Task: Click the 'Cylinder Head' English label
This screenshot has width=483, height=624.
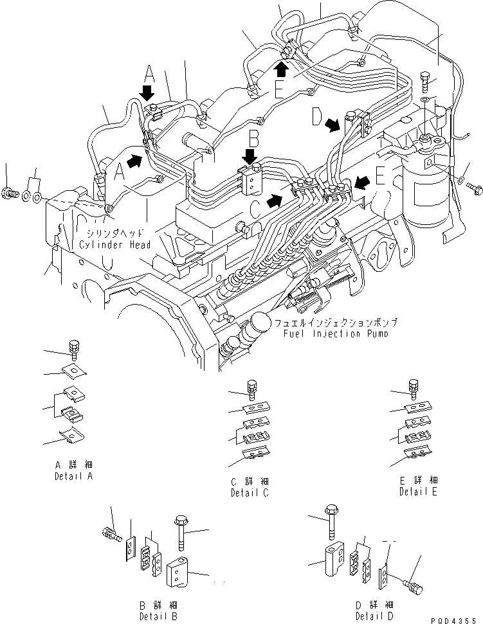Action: (115, 245)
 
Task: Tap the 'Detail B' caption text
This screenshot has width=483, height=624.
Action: (158, 616)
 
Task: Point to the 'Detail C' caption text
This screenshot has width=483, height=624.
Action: (250, 494)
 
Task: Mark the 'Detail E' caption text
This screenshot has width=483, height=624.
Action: (418, 492)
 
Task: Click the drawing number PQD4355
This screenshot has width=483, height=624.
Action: (457, 618)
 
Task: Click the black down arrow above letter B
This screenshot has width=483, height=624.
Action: (250, 156)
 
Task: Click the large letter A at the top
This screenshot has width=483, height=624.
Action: (149, 71)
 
